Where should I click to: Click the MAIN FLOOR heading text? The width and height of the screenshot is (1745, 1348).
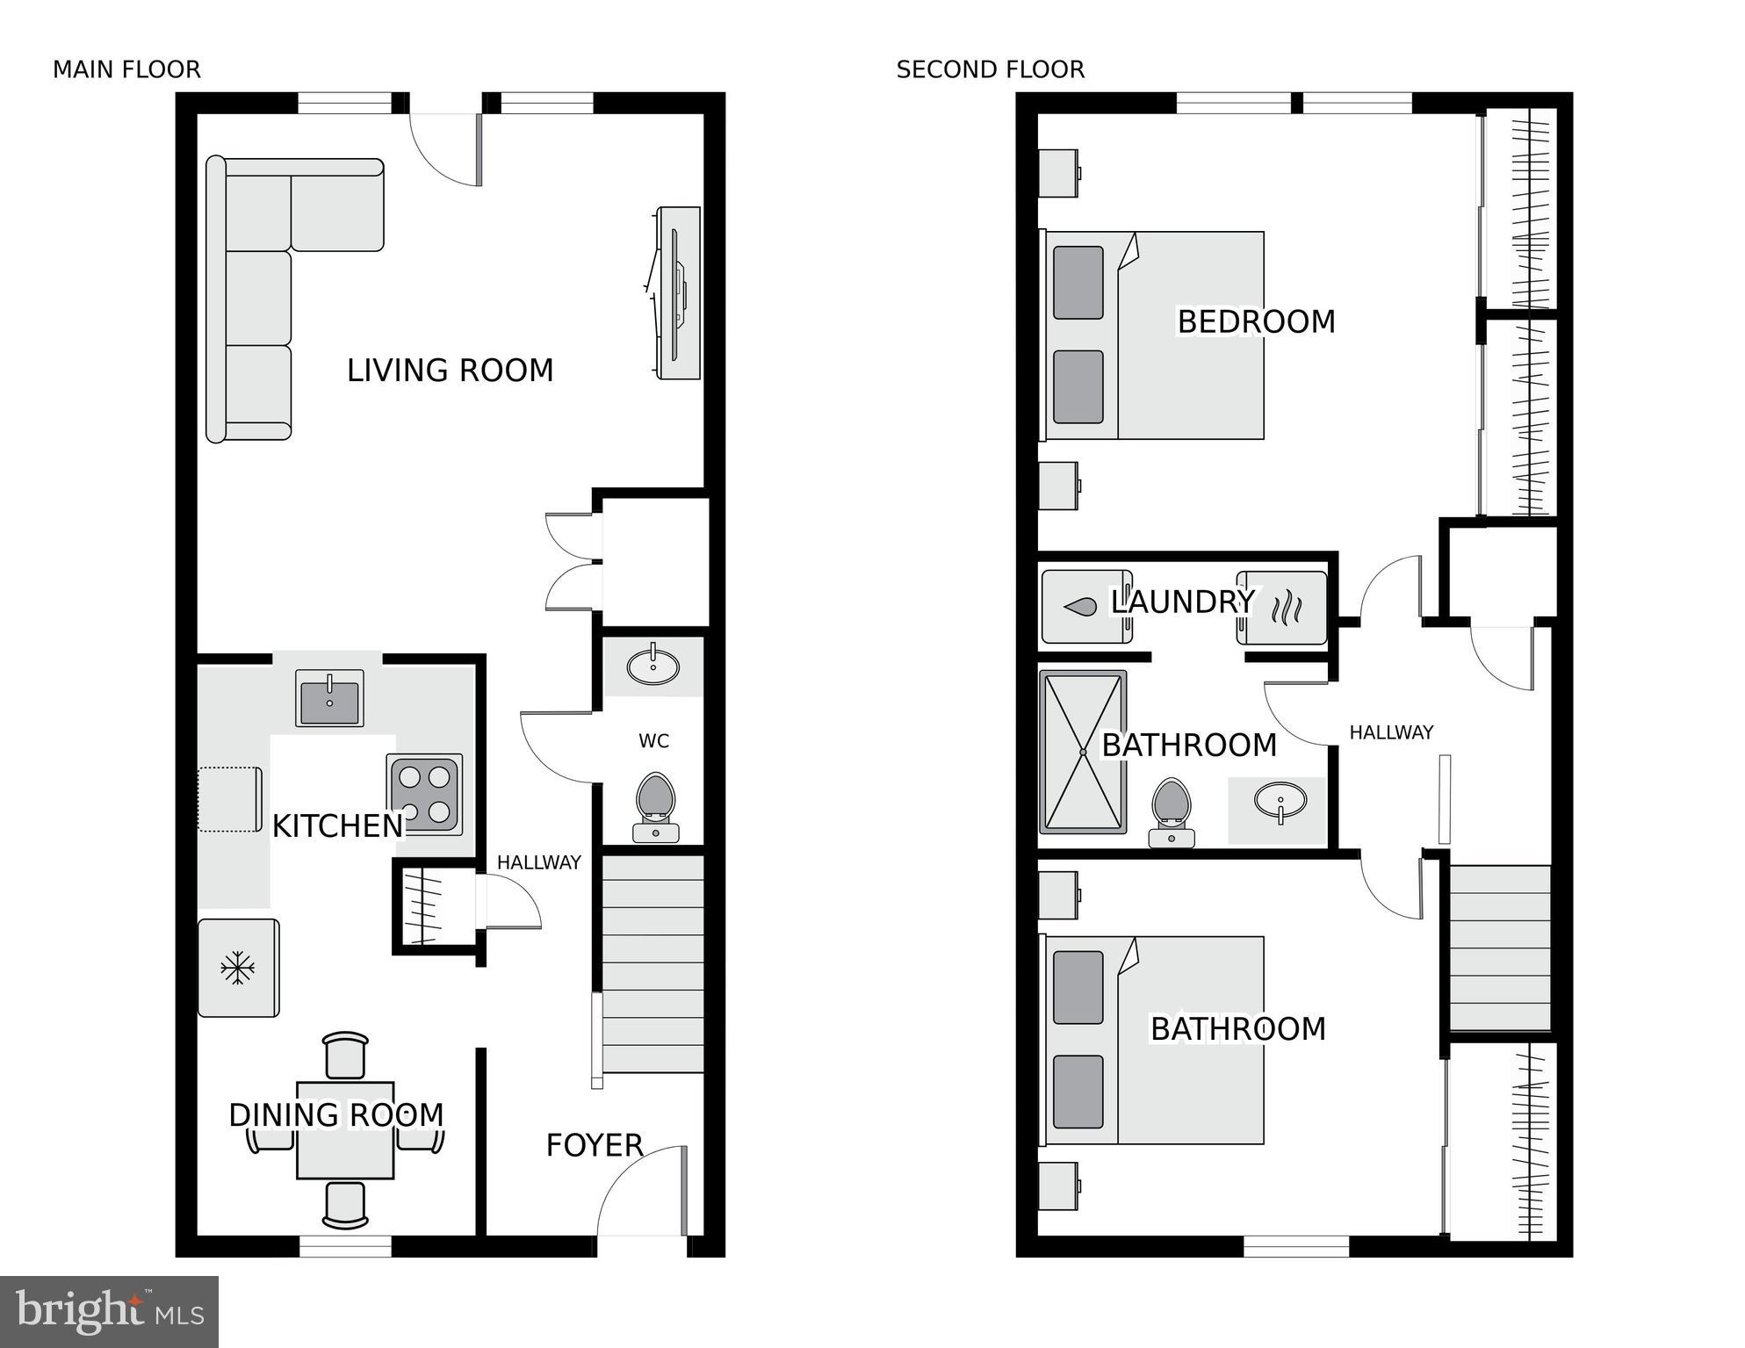(126, 69)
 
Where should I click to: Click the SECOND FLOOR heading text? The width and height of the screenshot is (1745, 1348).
(990, 69)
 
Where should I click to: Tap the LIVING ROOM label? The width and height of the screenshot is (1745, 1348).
(450, 371)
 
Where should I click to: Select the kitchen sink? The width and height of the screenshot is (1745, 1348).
(329, 698)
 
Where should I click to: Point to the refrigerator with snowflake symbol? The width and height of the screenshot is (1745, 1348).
(238, 968)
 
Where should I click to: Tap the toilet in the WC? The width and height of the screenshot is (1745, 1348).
(655, 806)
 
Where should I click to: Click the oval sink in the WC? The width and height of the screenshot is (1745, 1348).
(653, 667)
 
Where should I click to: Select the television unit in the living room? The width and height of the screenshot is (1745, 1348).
(679, 293)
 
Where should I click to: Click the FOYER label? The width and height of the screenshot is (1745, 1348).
(595, 1145)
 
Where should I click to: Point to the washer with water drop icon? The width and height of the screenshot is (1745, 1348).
(1085, 607)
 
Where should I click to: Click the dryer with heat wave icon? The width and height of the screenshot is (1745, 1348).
(1283, 607)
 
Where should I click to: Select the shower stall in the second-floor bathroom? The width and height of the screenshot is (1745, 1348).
(1083, 752)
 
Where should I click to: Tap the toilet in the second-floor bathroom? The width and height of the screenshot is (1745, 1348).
(1172, 811)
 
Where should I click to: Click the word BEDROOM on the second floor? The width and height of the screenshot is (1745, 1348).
(1256, 322)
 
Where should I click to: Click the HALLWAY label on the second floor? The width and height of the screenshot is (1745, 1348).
(1391, 732)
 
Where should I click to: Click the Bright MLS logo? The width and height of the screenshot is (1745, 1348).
(109, 1311)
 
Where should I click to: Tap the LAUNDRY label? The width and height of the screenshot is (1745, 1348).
(1183, 602)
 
